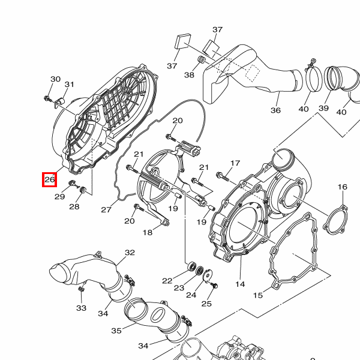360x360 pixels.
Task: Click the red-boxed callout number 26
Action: coord(50,179)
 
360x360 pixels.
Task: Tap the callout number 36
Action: coord(275,110)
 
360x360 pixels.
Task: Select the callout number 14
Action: coord(240,284)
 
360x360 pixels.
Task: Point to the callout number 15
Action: coord(258,295)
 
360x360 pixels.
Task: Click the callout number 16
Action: coord(343,187)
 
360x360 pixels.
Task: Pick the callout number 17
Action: coord(235,163)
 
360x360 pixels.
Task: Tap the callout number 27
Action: coord(106,209)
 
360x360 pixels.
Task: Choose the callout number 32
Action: coord(130,253)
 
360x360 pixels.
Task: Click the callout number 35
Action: coord(116,331)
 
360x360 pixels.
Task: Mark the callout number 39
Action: coord(324,108)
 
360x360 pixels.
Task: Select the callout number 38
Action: coord(189,75)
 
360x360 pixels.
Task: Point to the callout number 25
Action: coord(206,304)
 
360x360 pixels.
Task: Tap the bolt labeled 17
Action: coord(222,176)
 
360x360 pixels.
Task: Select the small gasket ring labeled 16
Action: coord(335,218)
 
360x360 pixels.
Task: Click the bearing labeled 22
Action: coord(191,266)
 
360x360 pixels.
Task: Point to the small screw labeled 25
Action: coord(215,286)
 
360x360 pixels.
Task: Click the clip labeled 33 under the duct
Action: coord(81,289)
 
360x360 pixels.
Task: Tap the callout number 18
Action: coord(148,233)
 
